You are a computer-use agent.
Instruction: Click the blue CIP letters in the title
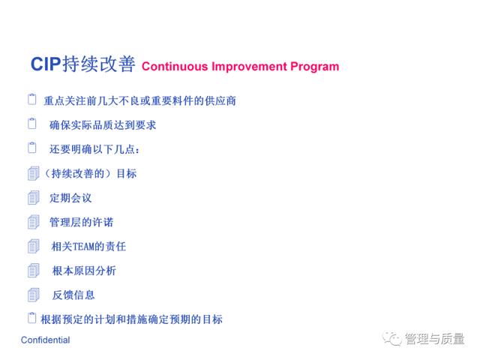point(46,64)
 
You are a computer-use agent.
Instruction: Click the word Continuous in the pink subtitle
point(175,67)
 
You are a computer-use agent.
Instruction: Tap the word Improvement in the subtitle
point(250,67)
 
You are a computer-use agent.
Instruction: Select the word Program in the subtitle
point(315,67)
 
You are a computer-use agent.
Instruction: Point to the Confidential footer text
point(45,340)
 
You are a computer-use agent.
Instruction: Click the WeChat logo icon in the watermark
point(391,338)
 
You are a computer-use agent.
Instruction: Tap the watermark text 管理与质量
point(434,338)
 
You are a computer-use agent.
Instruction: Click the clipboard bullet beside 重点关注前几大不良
point(31,99)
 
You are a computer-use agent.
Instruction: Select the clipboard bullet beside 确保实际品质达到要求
point(31,123)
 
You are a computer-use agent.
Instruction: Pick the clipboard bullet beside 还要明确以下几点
point(31,148)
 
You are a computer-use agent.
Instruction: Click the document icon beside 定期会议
point(33,197)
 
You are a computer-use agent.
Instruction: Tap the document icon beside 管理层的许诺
point(33,222)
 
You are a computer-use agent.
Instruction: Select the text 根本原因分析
point(84,271)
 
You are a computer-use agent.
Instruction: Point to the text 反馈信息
point(73,295)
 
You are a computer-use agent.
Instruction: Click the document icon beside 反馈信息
point(33,295)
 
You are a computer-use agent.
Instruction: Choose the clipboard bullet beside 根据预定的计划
point(31,318)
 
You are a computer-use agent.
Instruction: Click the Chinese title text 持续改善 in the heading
point(99,64)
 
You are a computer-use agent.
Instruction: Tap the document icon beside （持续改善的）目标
point(33,173)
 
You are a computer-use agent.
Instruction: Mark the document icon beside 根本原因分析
point(33,271)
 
